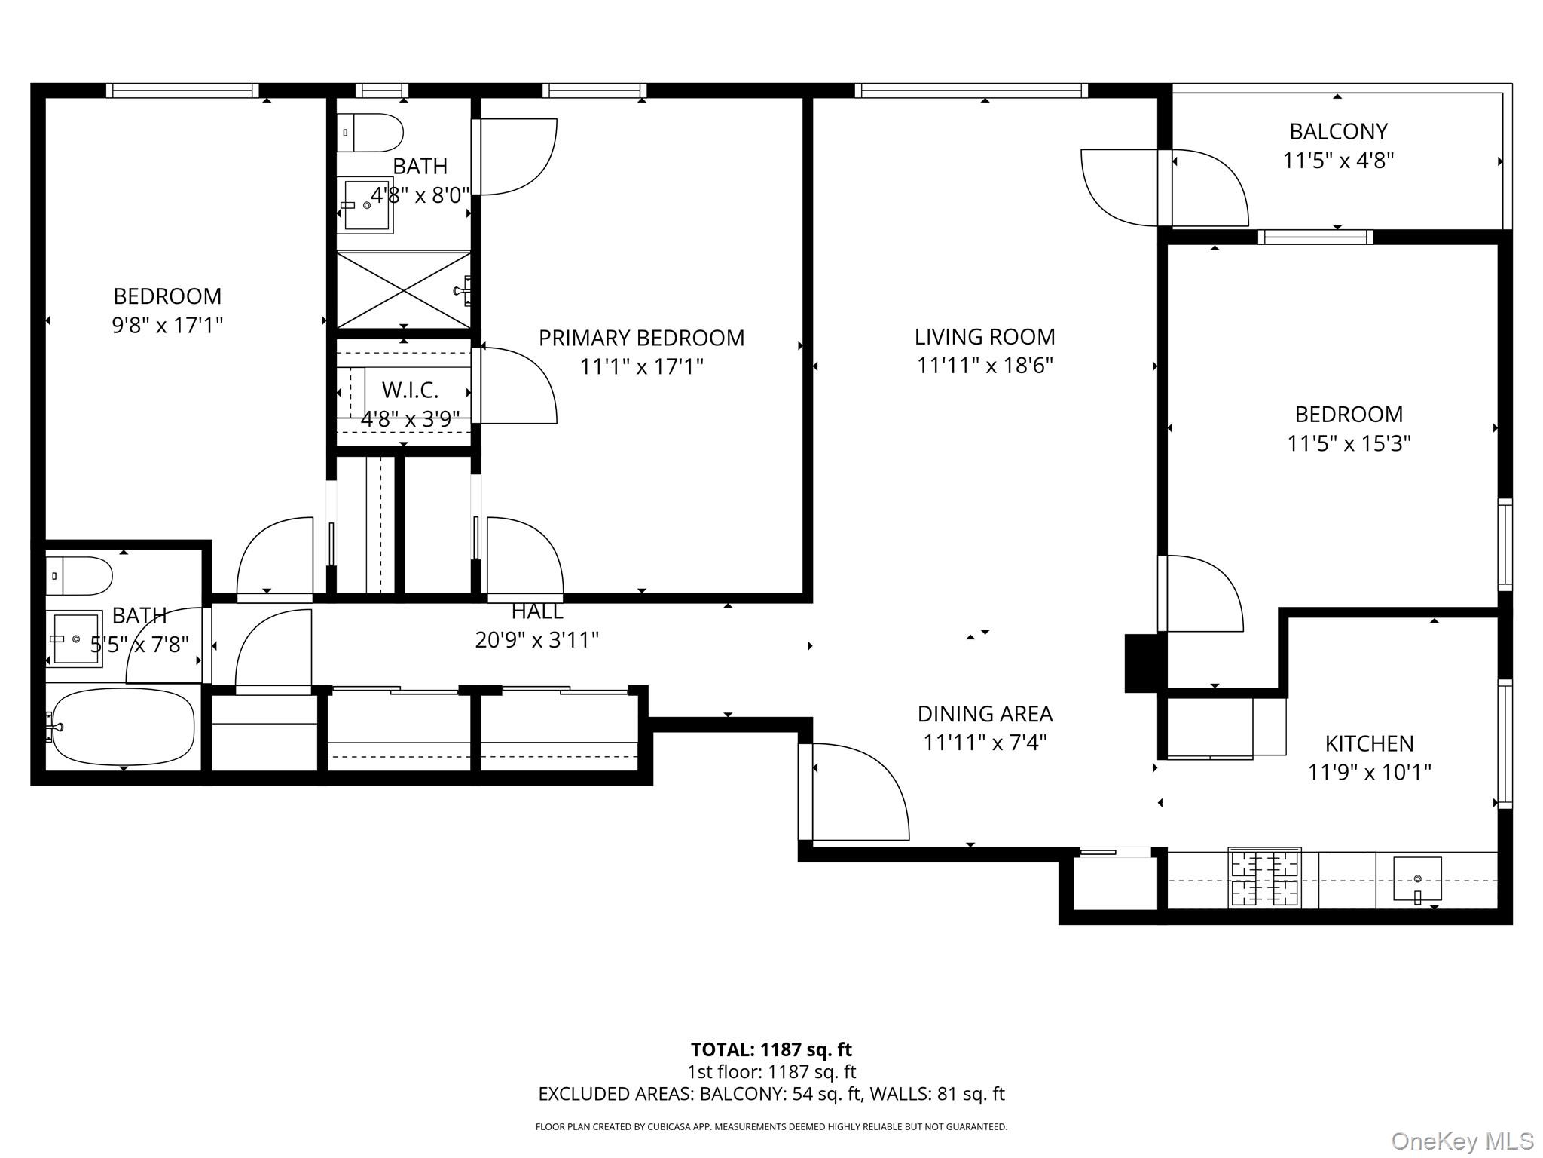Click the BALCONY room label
click(1338, 132)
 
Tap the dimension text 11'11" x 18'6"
click(984, 366)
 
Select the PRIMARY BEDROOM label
click(641, 338)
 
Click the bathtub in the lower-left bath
click(123, 726)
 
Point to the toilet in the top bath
click(370, 133)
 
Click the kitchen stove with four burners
click(1264, 878)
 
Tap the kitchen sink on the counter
click(1417, 879)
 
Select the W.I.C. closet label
click(410, 391)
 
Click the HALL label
click(536, 611)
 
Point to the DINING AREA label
click(985, 714)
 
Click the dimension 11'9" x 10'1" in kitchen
click(1369, 773)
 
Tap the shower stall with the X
click(404, 290)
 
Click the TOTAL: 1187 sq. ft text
click(771, 1049)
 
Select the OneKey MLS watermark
click(1462, 1141)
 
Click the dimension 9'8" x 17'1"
click(167, 326)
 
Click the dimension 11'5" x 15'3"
click(1349, 443)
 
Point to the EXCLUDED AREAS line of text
click(771, 1094)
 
